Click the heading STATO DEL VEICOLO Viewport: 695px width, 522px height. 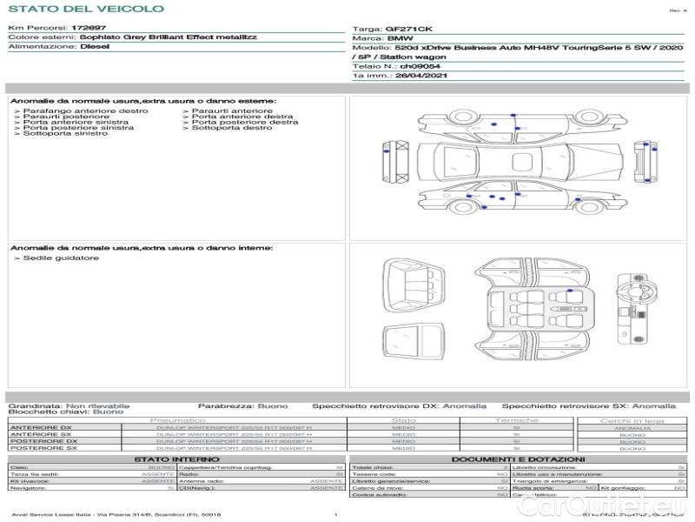(x=85, y=9)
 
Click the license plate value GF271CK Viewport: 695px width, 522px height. (x=406, y=29)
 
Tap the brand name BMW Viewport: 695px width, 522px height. (x=400, y=39)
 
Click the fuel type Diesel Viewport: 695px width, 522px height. (x=95, y=47)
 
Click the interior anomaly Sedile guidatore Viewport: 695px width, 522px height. (x=61, y=258)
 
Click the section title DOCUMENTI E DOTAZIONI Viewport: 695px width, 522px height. (x=518, y=458)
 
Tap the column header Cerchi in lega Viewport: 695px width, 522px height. (x=632, y=420)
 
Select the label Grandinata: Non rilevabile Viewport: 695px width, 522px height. (x=69, y=405)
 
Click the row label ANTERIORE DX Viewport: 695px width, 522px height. (x=40, y=427)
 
